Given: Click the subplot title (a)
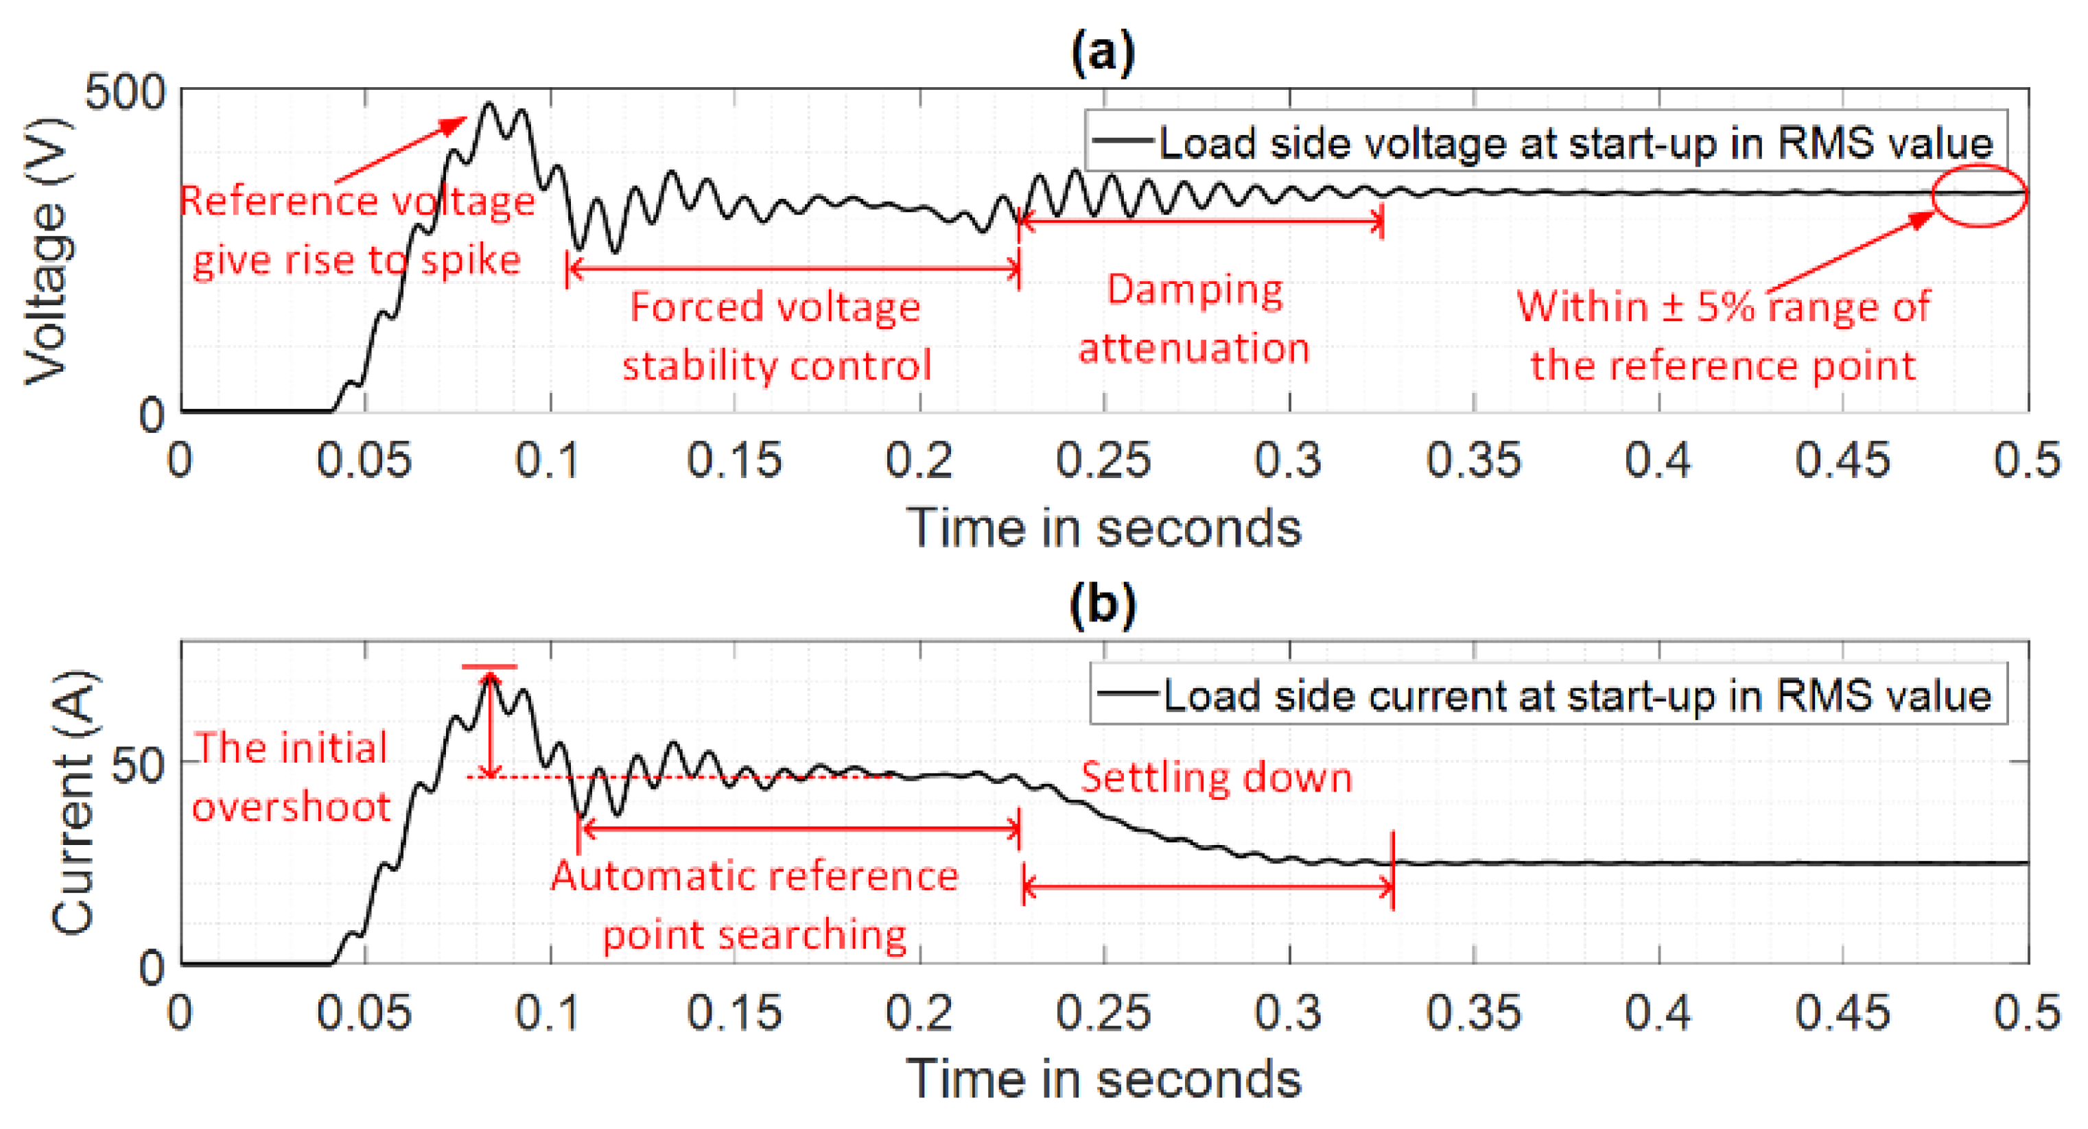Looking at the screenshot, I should coord(1103,54).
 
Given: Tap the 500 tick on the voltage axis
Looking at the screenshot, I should coord(125,93).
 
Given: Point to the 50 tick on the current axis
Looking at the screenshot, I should coord(138,763).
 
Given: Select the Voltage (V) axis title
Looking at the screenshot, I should coord(47,251).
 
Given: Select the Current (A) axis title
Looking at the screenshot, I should coord(73,803).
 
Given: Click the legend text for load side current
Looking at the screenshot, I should coord(1577,696).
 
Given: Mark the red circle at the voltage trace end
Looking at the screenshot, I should coord(1979,195).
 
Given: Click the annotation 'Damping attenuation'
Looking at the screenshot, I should coord(1194,318).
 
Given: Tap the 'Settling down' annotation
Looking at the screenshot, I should coord(1216,778).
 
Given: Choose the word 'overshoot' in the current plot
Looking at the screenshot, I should coord(292,807).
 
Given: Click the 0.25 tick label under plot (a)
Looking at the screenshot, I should coord(1103,460).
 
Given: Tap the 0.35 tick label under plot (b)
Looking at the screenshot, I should coord(1473,1012).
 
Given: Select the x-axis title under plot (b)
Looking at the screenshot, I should coord(1103,1079).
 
